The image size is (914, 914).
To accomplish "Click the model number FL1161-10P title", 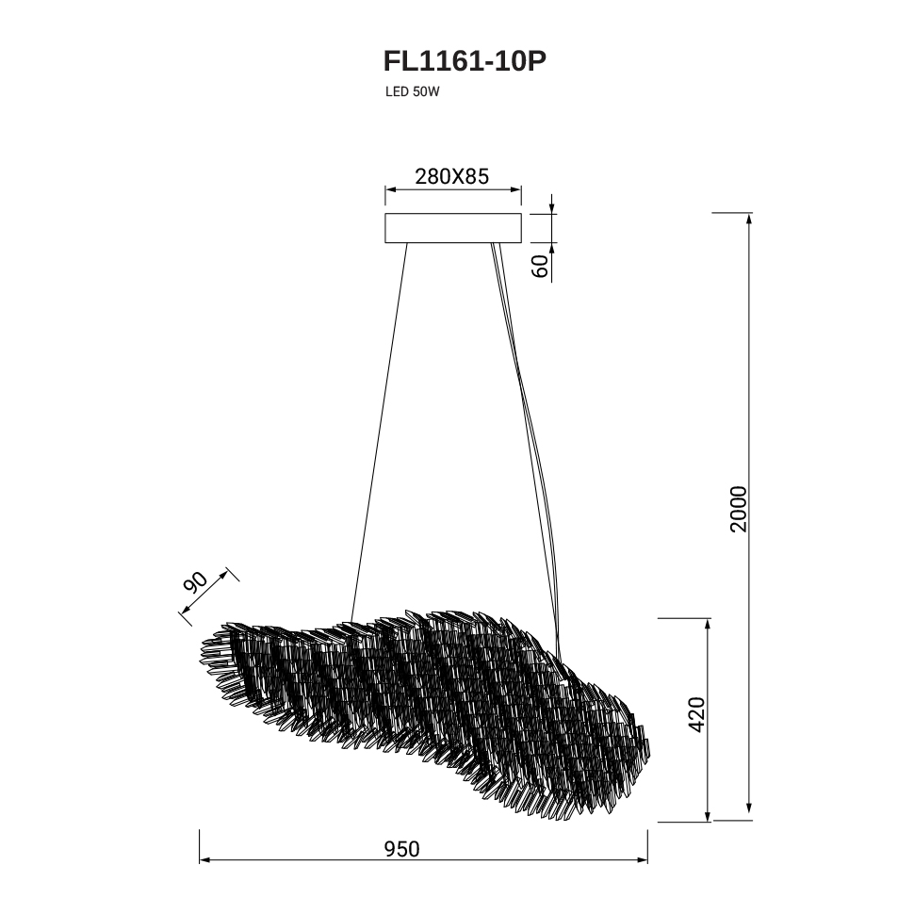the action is click(465, 61).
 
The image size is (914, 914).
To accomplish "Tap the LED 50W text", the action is click(412, 92).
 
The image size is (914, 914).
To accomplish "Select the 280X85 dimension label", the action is click(451, 176).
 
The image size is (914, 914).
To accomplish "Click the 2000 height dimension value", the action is click(738, 508).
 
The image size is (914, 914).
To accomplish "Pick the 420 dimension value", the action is click(696, 714).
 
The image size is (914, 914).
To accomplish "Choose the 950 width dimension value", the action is click(401, 849).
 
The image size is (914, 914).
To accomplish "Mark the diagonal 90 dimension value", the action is click(196, 582).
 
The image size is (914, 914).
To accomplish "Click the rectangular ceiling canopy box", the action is click(453, 228).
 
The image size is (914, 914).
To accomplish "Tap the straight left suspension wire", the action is click(379, 432).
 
